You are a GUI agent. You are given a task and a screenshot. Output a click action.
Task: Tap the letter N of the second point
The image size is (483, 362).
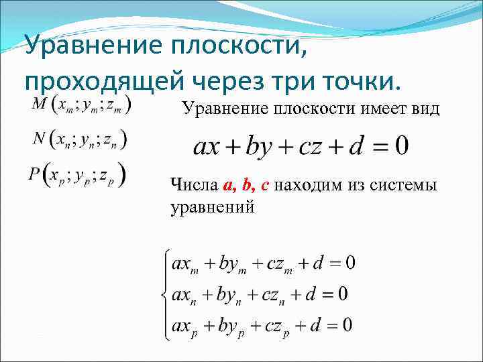[x=40, y=139]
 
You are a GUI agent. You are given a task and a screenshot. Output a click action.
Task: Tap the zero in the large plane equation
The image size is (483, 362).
[x=400, y=146]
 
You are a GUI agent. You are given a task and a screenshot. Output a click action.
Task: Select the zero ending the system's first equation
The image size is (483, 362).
[x=350, y=263]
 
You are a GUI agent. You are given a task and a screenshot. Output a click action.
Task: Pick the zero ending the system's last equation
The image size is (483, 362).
[x=347, y=326]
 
